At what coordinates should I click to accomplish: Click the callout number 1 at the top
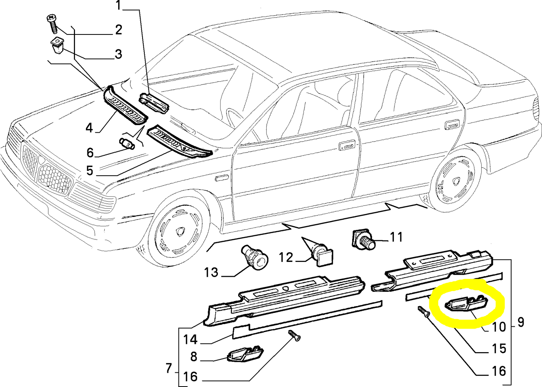click(x=119, y=6)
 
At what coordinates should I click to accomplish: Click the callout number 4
click(x=89, y=128)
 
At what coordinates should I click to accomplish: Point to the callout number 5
click(x=89, y=171)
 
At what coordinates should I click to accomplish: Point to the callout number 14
click(x=190, y=339)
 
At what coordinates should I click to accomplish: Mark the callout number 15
click(x=499, y=348)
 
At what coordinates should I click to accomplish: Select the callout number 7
click(x=169, y=369)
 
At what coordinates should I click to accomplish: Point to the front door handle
click(x=347, y=145)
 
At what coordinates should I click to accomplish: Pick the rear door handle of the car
click(x=452, y=126)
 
